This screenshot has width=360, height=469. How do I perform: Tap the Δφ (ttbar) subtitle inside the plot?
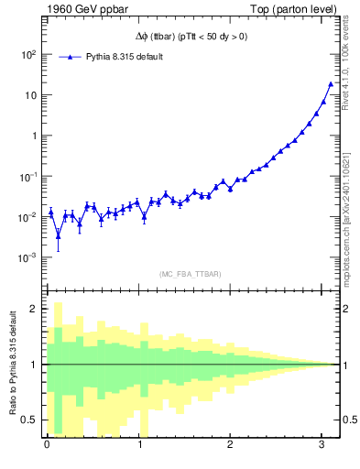pos(185,37)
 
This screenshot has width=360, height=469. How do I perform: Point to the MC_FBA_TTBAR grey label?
pos(190,274)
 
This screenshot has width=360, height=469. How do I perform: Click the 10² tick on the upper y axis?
pos(27,54)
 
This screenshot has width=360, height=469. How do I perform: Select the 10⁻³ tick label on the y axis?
pos(27,257)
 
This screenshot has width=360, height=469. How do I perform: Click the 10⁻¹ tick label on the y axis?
pos(27,176)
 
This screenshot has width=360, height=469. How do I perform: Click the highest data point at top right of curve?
pos(331,84)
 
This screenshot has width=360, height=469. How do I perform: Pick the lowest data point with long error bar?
pos(58,235)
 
